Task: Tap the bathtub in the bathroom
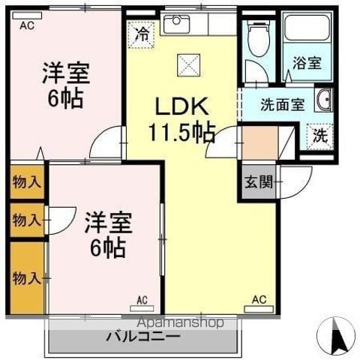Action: click(307, 28)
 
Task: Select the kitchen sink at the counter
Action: click(176, 24)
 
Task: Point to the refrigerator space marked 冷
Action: click(141, 34)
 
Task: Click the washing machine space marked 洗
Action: click(320, 136)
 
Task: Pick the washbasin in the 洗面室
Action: click(324, 100)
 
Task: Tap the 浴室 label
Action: click(307, 63)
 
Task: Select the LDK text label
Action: click(181, 106)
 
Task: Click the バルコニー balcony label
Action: click(143, 336)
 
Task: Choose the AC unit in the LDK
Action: click(259, 309)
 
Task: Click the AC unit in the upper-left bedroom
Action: click(27, 16)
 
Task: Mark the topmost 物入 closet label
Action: click(27, 181)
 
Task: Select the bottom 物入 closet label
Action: click(27, 278)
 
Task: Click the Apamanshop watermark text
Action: click(180, 322)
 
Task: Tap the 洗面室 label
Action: click(283, 105)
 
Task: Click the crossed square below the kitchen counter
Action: click(189, 65)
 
